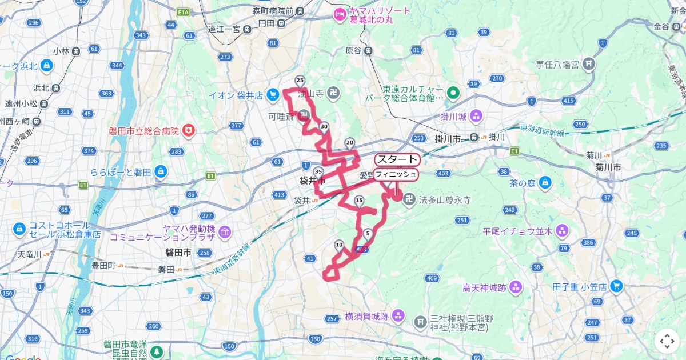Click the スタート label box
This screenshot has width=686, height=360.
397,159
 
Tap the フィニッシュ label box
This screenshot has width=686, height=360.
396,174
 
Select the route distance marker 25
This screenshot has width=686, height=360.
300,81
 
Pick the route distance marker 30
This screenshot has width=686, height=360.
324,127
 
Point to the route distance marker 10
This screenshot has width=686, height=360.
339,246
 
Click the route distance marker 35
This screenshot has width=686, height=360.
318,171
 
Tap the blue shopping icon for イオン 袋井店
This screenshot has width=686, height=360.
273,94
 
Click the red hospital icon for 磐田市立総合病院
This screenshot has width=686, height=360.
188,131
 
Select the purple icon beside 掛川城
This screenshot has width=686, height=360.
476,117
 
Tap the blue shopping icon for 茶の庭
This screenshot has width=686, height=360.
546,183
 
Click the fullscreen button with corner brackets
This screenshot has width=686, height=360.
667,342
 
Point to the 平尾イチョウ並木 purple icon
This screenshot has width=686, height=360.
562,231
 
